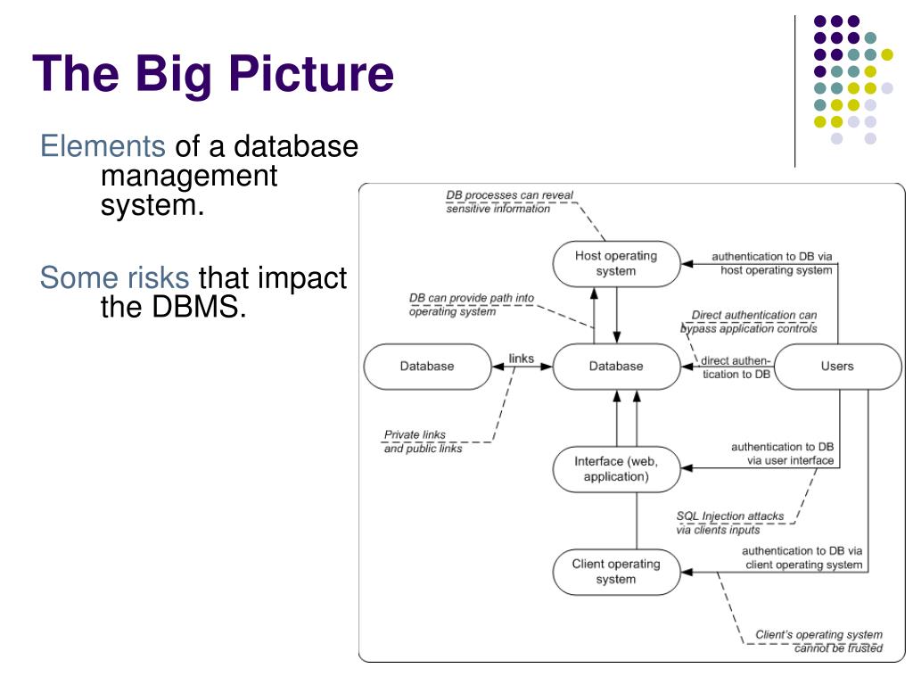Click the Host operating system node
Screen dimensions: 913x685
(616, 264)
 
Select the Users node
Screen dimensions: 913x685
(838, 367)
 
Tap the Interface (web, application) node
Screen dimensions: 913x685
(616, 469)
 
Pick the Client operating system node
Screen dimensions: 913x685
(616, 572)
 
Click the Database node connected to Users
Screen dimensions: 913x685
(616, 367)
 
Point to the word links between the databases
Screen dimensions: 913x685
(521, 359)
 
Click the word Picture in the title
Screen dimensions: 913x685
(311, 74)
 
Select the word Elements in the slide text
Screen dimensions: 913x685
(103, 145)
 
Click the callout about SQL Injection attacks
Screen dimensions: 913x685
(730, 523)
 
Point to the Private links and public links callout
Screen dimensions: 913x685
(423, 442)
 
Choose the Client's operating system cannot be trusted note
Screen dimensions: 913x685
(819, 640)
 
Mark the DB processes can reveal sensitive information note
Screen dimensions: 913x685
(509, 202)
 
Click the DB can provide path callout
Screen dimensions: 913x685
(471, 305)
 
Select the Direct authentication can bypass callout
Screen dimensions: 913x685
(749, 321)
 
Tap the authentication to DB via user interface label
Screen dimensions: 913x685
(782, 454)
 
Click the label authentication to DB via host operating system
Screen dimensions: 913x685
(772, 263)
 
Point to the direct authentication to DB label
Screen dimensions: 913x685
(736, 367)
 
